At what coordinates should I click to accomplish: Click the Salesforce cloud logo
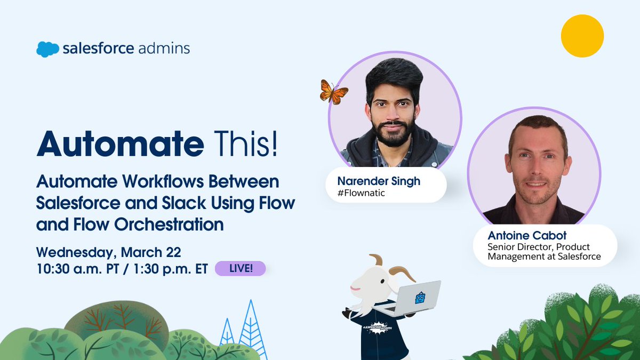pos(47,49)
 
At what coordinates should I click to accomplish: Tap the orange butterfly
pos(333,92)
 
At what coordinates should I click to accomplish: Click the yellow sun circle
pos(582,36)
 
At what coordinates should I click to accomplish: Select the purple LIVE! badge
pos(240,268)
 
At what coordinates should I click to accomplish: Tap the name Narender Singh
pos(379,181)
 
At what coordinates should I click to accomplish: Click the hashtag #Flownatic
pos(361,193)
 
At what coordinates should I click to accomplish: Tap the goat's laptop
pos(419,298)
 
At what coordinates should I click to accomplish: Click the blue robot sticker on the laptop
pos(420,298)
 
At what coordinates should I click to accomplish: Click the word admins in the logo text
pos(164,49)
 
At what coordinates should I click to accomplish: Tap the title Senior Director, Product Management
pos(544,252)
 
